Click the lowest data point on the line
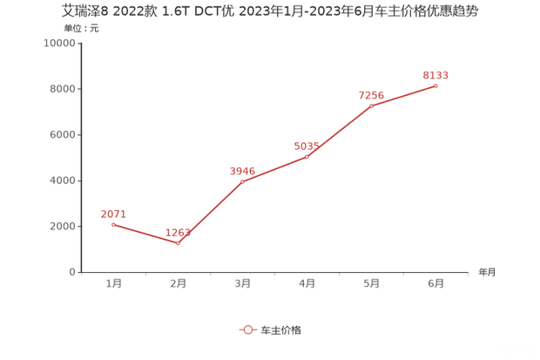click(x=179, y=242)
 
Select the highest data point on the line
click(x=435, y=85)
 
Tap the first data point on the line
click(x=113, y=225)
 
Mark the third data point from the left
click(x=244, y=180)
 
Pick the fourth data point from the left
click(x=307, y=156)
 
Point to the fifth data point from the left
click(x=372, y=105)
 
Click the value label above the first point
click(x=113, y=214)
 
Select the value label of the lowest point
click(x=179, y=231)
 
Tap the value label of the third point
click(x=241, y=169)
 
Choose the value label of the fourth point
click(x=307, y=144)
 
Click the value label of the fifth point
click(x=372, y=94)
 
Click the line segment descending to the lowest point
click(x=146, y=234)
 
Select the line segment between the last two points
click(x=404, y=95)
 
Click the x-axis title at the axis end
click(x=486, y=273)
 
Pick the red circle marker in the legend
click(x=248, y=329)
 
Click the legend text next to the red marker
click(x=280, y=329)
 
